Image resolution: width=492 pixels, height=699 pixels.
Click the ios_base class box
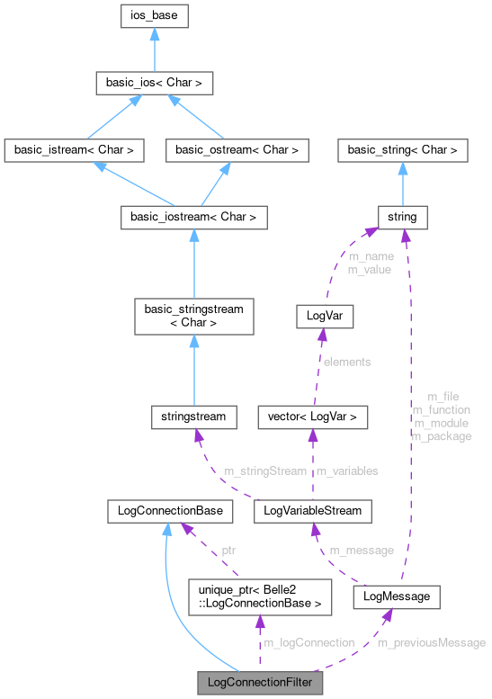(x=154, y=16)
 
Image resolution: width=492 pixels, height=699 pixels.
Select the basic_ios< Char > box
(x=154, y=84)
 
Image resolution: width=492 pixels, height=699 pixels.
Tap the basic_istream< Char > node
(x=74, y=150)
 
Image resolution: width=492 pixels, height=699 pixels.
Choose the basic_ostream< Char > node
(x=237, y=150)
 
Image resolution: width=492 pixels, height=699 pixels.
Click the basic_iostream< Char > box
(x=194, y=217)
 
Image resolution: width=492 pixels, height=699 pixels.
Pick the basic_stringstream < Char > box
(x=194, y=315)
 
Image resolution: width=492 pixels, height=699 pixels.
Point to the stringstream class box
(x=194, y=417)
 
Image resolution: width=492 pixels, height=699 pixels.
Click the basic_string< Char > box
(x=402, y=150)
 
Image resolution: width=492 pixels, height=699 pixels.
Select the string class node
(x=402, y=217)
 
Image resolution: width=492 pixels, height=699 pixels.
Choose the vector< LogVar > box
(x=312, y=417)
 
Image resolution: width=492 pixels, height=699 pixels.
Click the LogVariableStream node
(x=312, y=511)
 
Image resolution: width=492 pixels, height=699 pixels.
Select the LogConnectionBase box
(x=170, y=511)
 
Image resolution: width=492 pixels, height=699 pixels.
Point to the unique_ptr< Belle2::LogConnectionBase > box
(x=259, y=596)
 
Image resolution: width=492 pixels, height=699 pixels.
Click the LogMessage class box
(x=397, y=596)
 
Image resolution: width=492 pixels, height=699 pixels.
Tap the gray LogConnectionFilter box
(x=261, y=683)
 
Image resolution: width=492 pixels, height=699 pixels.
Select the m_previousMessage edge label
(x=431, y=642)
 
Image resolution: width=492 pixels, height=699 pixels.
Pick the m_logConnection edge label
(x=308, y=642)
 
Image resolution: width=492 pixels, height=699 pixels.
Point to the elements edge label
(x=347, y=362)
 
